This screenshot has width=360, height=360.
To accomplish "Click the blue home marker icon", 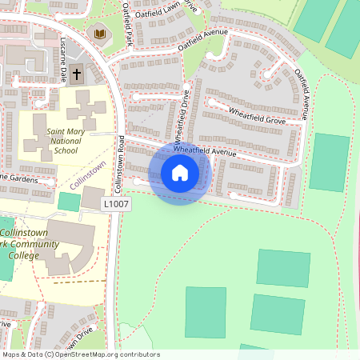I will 180,172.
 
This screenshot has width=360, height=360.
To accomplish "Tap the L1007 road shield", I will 116,206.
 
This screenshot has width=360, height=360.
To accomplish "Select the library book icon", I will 99,34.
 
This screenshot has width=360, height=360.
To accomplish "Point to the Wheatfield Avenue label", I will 205,150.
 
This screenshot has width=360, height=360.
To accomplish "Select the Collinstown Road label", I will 122,164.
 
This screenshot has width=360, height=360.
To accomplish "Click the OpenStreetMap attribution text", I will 80,354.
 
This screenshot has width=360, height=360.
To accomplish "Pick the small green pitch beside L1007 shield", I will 70,202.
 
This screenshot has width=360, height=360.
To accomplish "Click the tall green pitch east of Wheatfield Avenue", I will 329,162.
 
